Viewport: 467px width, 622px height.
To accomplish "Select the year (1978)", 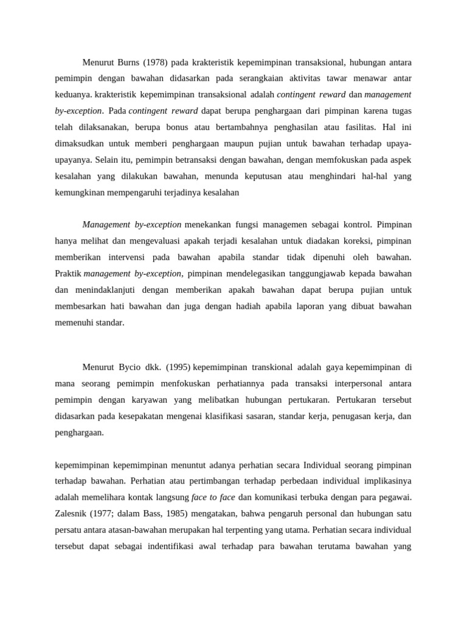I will (156, 61).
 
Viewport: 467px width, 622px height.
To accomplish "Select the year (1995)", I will (176, 367).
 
